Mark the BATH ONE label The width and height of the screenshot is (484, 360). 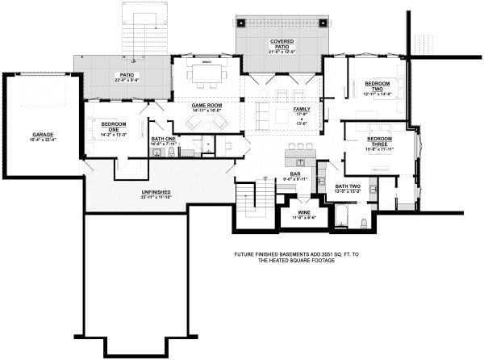[x=163, y=139]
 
